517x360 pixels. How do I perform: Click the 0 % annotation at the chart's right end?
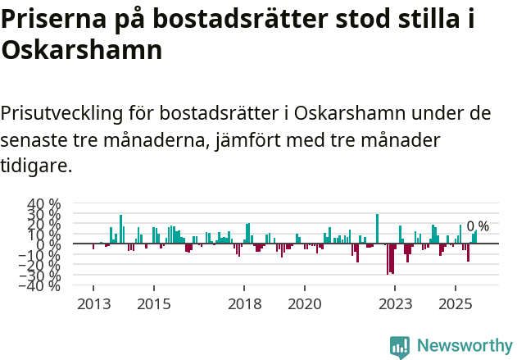(x=478, y=226)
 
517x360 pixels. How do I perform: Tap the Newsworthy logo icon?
(x=400, y=346)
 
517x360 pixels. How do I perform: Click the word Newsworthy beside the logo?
(x=464, y=346)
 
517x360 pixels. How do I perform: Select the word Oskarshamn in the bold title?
(x=81, y=51)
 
